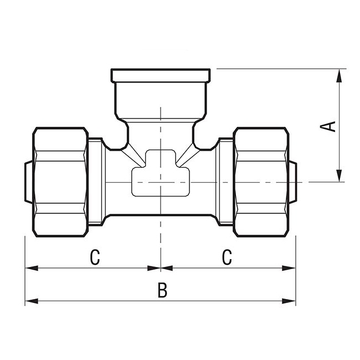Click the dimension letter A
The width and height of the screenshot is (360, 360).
click(x=328, y=126)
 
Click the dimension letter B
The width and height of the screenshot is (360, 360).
click(x=162, y=290)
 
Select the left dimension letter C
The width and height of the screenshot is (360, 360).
click(x=95, y=258)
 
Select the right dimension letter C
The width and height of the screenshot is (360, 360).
click(x=227, y=257)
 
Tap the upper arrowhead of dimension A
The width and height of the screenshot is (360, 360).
click(x=339, y=75)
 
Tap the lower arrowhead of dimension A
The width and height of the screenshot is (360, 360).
click(x=339, y=176)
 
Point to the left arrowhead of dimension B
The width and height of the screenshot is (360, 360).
click(x=32, y=301)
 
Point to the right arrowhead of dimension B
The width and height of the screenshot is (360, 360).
click(x=289, y=301)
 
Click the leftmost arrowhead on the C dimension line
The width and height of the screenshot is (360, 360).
click(x=32, y=268)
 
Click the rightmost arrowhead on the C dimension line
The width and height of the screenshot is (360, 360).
click(x=289, y=268)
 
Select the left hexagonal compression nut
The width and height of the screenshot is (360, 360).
click(x=60, y=182)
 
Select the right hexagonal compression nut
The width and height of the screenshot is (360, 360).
click(x=261, y=182)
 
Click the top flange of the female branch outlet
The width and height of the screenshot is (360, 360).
click(x=161, y=75)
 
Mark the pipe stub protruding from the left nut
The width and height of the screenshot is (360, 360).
click(x=28, y=182)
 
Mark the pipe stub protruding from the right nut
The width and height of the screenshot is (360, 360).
click(x=293, y=182)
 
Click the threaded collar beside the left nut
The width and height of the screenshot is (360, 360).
click(x=95, y=182)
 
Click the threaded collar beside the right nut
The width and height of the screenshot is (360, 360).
click(x=226, y=182)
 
